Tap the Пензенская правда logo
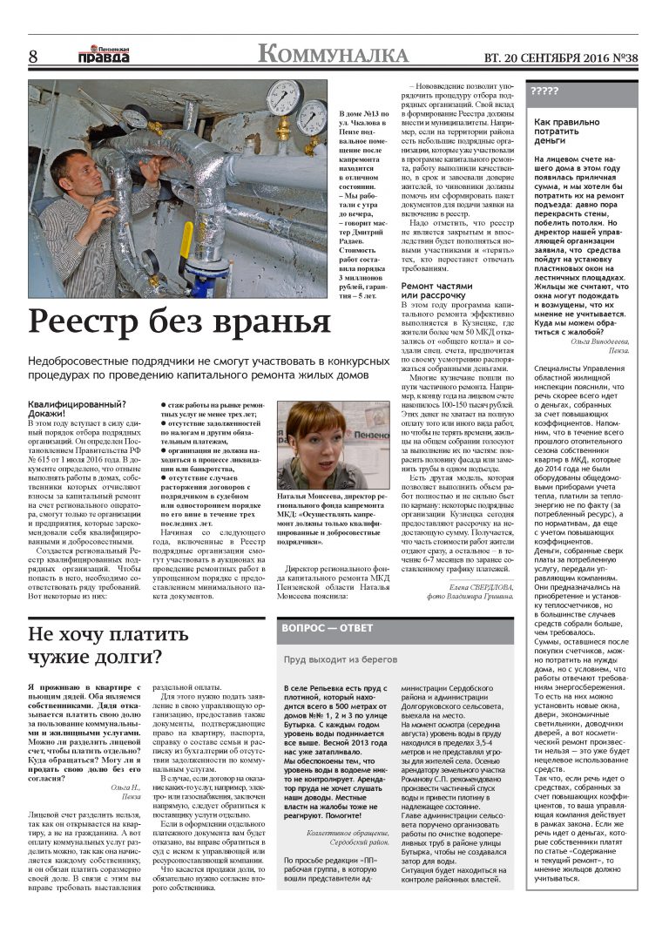(x=104, y=54)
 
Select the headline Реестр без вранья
(x=179, y=321)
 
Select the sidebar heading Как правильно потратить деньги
(x=567, y=132)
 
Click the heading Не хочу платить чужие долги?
(x=96, y=645)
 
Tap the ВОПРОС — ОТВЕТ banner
(x=327, y=629)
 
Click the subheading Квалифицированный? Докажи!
(x=78, y=409)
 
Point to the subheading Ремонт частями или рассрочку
(x=436, y=291)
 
